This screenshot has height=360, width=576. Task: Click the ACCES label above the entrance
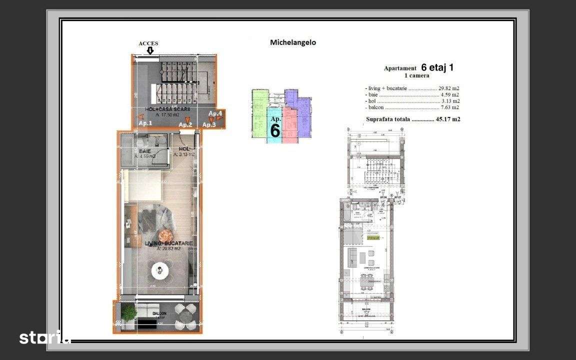tap(148, 43)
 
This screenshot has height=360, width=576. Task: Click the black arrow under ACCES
tap(149, 51)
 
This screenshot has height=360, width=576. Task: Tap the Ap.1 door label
tap(145, 123)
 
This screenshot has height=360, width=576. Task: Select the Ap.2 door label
tap(185, 124)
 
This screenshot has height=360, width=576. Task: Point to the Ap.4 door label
tap(215, 114)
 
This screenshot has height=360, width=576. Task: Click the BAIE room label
tap(145, 151)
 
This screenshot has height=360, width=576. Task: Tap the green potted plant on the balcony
tap(129, 313)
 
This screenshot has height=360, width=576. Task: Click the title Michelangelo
tap(293, 43)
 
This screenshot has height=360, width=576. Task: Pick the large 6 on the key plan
tap(275, 130)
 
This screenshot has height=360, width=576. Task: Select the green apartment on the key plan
tap(258, 112)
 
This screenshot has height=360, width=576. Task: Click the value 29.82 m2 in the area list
tap(448, 88)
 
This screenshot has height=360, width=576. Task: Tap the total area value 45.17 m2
tap(448, 119)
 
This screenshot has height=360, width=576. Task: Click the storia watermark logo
tap(44, 337)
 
